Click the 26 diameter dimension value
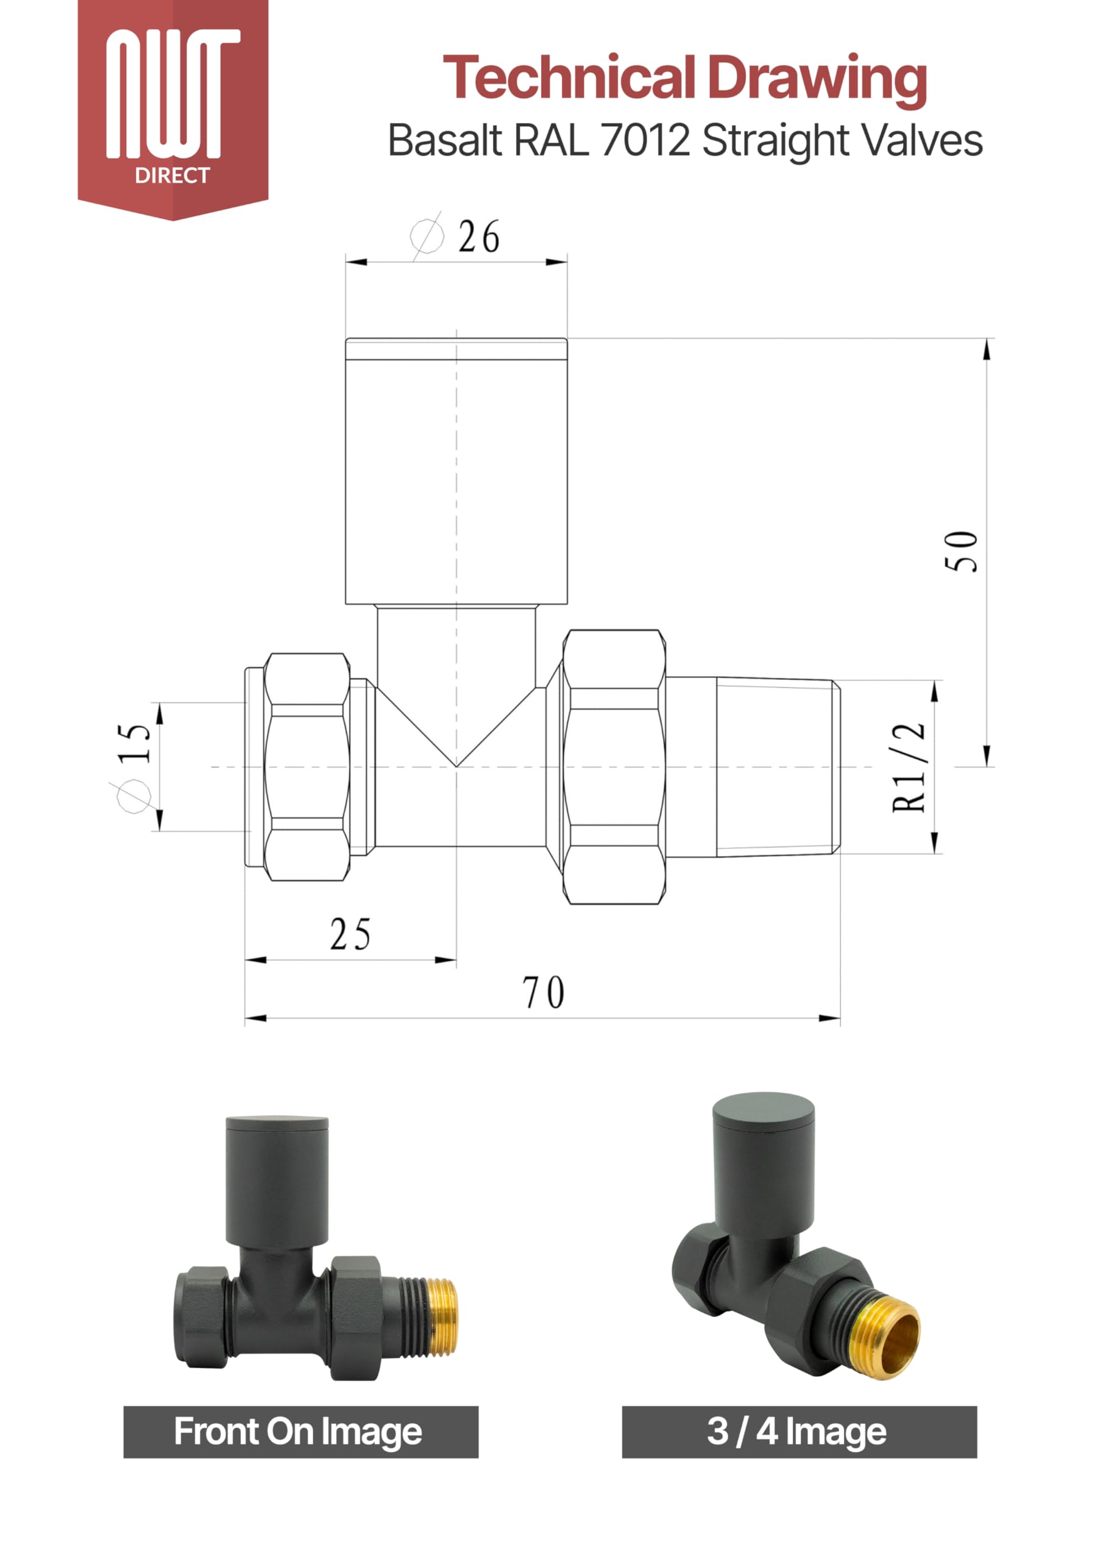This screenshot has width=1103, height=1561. (x=479, y=237)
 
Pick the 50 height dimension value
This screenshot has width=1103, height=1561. (x=962, y=551)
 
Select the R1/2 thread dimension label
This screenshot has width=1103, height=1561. (x=909, y=767)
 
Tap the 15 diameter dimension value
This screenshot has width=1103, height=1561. (x=134, y=743)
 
